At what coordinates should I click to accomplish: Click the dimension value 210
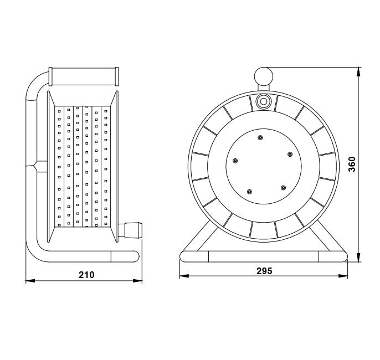click(86, 275)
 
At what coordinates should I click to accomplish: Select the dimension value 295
click(264, 271)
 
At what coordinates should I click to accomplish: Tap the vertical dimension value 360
click(352, 164)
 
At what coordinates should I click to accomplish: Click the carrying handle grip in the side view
click(84, 76)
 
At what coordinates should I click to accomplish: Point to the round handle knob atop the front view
click(264, 76)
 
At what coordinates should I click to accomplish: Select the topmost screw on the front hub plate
click(260, 137)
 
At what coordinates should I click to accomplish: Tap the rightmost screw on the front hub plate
click(290, 155)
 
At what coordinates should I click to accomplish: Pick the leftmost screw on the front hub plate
click(235, 161)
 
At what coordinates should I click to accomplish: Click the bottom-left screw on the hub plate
click(249, 192)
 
